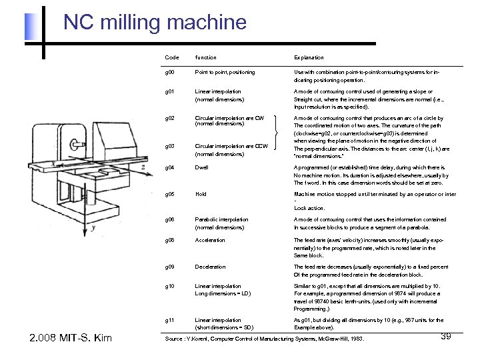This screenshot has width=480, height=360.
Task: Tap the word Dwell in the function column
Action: pyautogui.click(x=201, y=168)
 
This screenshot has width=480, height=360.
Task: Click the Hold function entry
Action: pyautogui.click(x=200, y=195)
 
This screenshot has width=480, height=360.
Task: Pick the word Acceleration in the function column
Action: pyautogui.click(x=210, y=241)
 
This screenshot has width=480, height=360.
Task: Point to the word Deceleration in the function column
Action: pyautogui.click(x=210, y=267)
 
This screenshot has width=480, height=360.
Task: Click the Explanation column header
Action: pyautogui.click(x=309, y=58)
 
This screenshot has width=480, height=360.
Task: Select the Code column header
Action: pyautogui.click(x=171, y=58)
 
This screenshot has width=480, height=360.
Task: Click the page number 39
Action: pyautogui.click(x=446, y=337)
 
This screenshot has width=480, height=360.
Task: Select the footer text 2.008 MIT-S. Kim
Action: pyautogui.click(x=71, y=339)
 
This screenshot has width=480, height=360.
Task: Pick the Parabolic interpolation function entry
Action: pyautogui.click(x=221, y=219)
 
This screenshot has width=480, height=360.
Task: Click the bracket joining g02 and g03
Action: pyautogui.click(x=277, y=133)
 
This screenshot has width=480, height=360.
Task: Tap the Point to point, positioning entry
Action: pyautogui.click(x=225, y=72)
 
